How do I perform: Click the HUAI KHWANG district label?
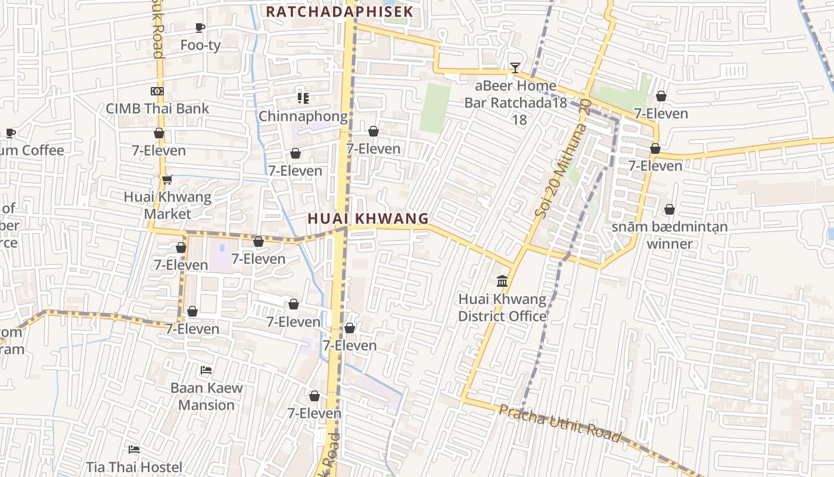368,219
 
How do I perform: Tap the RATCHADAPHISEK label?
339,12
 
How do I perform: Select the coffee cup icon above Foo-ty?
200,27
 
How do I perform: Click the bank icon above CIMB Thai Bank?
157,91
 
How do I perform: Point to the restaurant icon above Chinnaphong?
303,98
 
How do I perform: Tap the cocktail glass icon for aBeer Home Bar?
515,68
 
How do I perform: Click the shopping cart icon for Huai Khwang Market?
167,179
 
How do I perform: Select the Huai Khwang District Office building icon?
502,281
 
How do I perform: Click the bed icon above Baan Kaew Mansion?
206,370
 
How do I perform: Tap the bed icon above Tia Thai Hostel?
134,449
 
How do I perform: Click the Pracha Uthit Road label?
560,423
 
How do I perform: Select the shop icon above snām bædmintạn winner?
670,209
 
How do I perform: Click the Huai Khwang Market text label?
167,205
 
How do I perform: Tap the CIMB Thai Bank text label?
157,109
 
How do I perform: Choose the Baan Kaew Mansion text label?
207,397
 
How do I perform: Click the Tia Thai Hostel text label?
134,467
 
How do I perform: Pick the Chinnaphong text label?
303,116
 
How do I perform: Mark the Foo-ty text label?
200,45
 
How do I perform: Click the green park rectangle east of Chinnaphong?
435,108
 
